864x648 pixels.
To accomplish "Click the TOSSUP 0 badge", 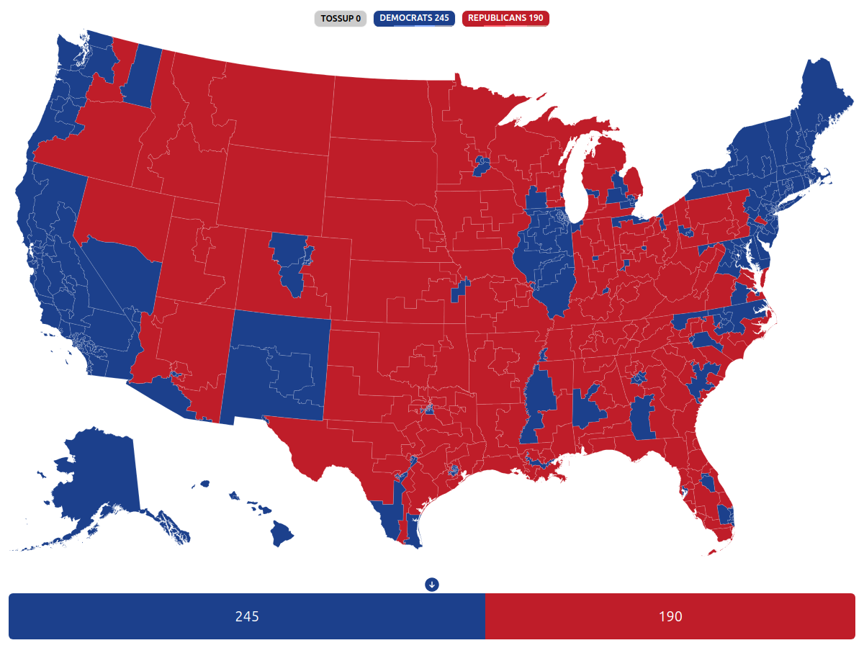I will (x=341, y=18).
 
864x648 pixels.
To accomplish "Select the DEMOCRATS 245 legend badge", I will (x=414, y=18).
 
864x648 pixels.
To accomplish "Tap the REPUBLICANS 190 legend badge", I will (x=505, y=18).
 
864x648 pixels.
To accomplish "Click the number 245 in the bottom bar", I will (x=247, y=616).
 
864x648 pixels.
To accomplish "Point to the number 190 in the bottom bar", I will (x=670, y=616).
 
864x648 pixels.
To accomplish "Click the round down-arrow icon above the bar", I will (x=432, y=584).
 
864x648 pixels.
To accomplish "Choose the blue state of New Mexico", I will (x=277, y=367).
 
